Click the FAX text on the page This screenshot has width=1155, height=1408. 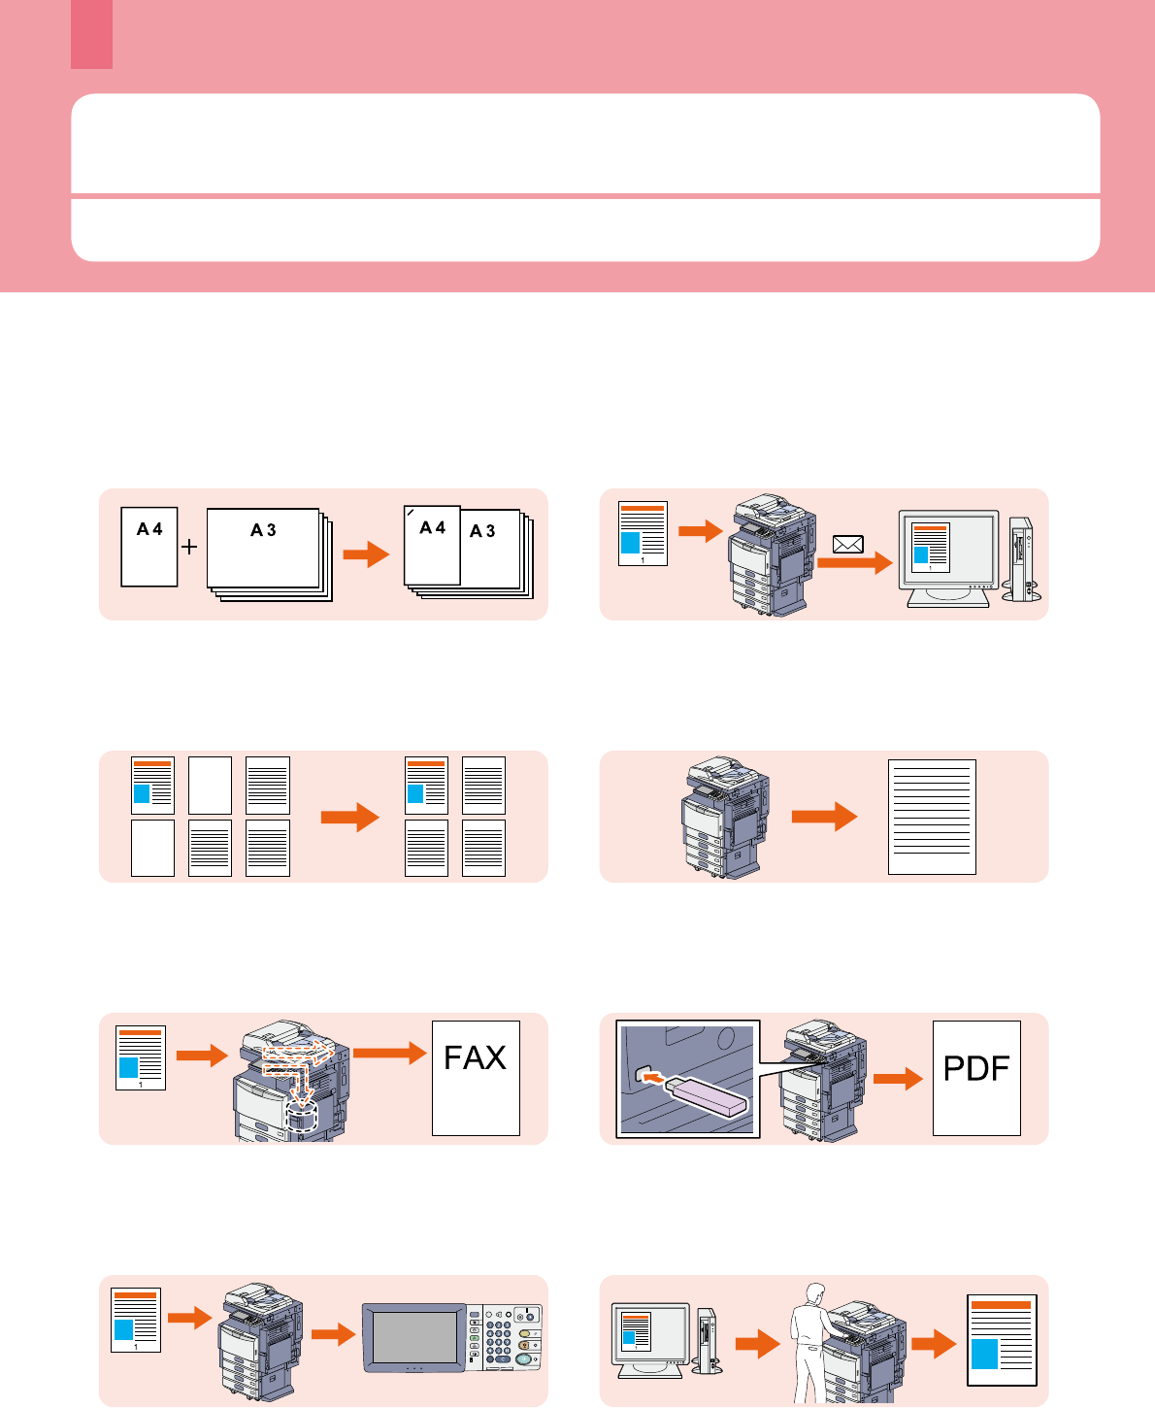[475, 1057]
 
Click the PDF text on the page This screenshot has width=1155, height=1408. [976, 1068]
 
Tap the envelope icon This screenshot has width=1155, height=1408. [848, 544]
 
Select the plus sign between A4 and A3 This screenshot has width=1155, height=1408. [189, 547]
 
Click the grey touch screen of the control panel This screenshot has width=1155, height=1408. [414, 1337]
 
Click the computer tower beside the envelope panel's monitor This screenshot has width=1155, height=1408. [1023, 558]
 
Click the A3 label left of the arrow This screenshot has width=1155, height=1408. [263, 530]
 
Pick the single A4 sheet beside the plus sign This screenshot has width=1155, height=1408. [148, 547]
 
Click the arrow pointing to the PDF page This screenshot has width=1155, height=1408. [898, 1078]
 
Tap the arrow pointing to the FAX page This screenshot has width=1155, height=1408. [390, 1053]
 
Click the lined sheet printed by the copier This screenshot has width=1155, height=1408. [932, 817]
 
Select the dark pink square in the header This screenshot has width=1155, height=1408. [91, 34]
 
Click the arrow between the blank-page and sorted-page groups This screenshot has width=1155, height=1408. [350, 818]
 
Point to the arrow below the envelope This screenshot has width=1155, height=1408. [855, 563]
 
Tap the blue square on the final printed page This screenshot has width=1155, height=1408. [984, 1354]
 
